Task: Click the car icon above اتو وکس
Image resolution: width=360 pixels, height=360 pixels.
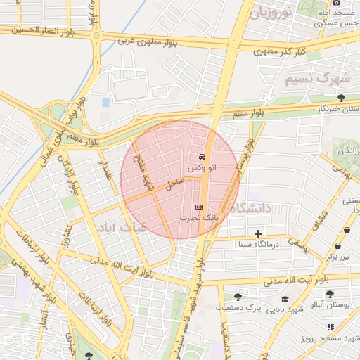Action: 202,156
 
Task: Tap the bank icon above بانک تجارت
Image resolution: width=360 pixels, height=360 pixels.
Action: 198,206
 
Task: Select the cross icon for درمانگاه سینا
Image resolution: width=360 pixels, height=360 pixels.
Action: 258,233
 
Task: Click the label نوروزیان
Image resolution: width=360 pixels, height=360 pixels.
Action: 261,12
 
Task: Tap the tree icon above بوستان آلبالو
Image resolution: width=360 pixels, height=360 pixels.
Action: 330,294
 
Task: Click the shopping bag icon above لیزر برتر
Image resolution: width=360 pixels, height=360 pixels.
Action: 338,246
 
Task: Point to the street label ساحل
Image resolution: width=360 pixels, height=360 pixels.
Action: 175,184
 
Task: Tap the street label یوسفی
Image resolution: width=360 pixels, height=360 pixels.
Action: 300,243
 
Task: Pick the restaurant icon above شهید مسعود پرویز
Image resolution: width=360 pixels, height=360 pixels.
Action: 330,327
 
